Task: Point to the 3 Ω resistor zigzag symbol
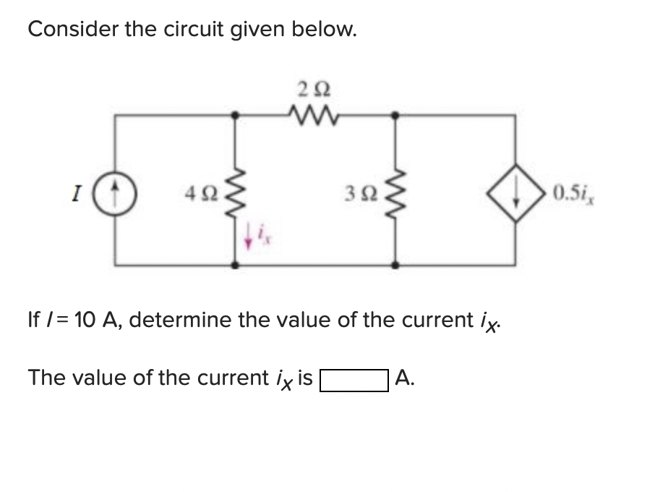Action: [x=395, y=192]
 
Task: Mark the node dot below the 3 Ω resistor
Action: [x=395, y=266]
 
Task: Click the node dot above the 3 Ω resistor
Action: [x=395, y=114]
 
